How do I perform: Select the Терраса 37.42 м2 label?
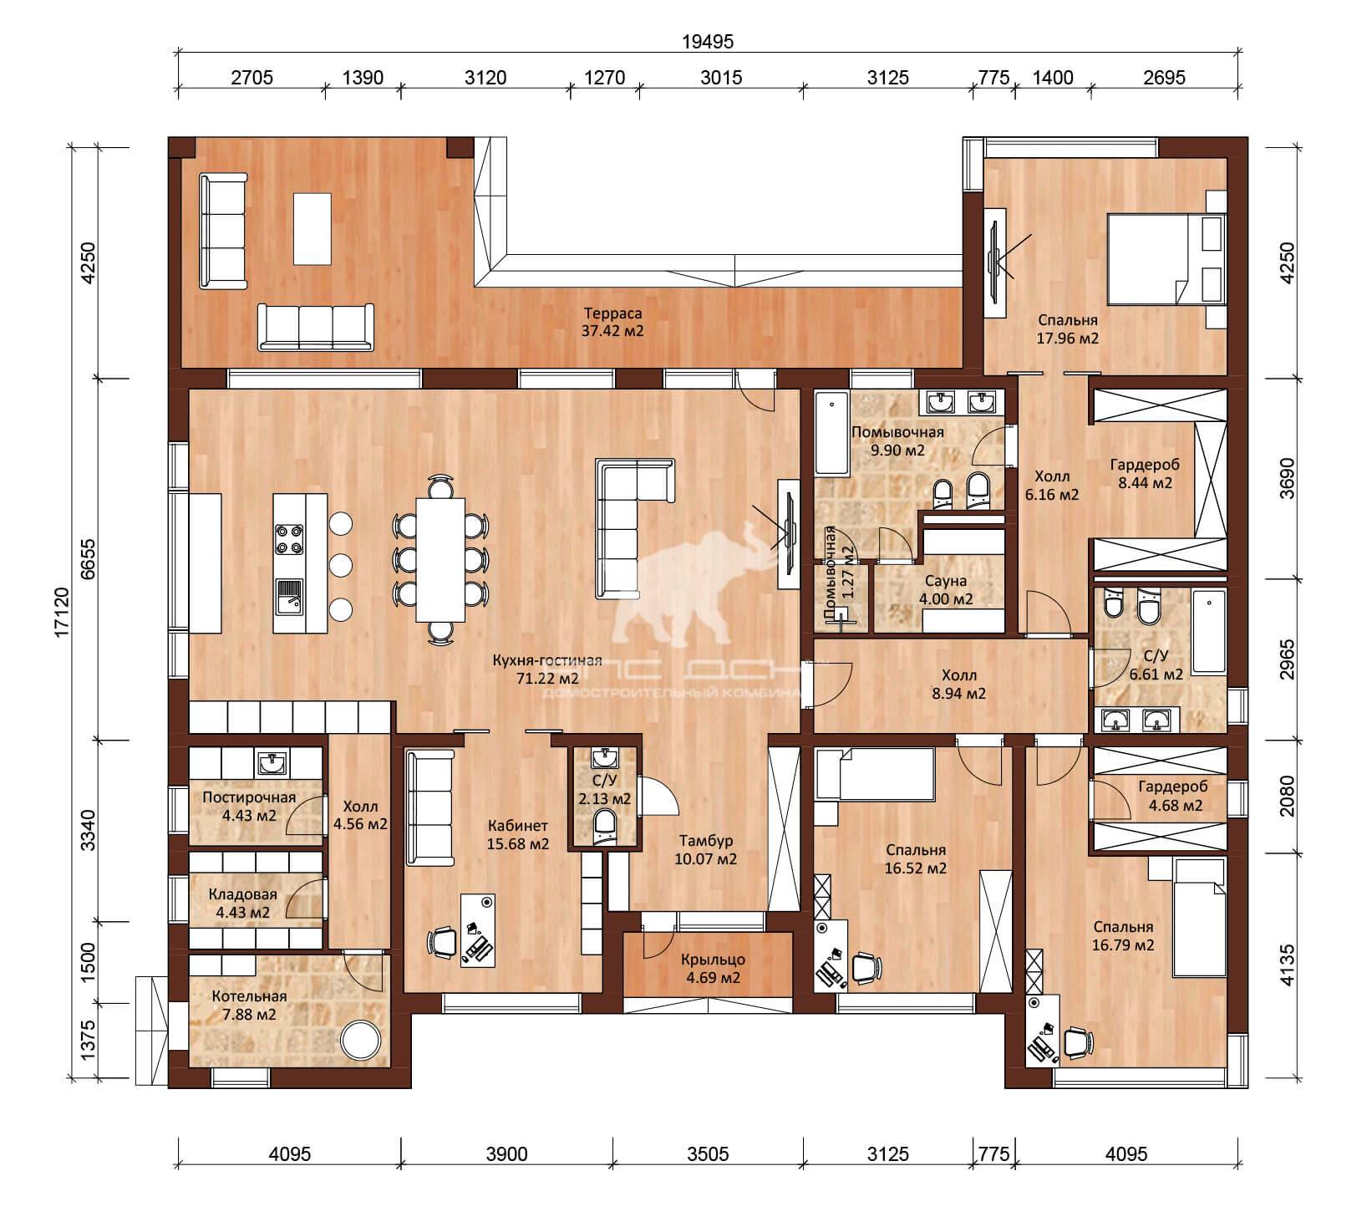(612, 322)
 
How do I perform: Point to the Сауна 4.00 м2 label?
(946, 589)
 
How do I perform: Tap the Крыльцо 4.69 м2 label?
(713, 968)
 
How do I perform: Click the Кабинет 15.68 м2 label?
(517, 835)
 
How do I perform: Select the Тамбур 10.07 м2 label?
(707, 849)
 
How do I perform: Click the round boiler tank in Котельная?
(363, 1041)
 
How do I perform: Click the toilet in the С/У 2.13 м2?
(606, 826)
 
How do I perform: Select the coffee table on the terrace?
(312, 227)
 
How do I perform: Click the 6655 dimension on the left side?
(88, 558)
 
